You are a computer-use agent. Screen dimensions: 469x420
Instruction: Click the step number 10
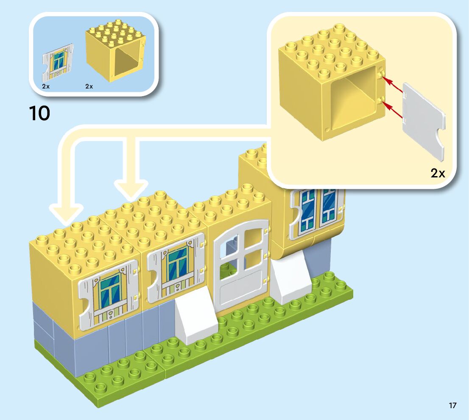click(x=39, y=113)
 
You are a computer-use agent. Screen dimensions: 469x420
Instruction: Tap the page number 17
click(x=452, y=406)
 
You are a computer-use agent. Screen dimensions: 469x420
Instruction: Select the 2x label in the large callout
click(x=438, y=173)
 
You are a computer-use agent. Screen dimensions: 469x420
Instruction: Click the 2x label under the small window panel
click(x=46, y=86)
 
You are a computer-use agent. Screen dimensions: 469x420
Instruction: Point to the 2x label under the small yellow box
click(x=89, y=86)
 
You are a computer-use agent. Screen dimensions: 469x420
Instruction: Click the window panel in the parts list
click(x=58, y=63)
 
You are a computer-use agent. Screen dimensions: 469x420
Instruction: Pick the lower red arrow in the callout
click(x=394, y=111)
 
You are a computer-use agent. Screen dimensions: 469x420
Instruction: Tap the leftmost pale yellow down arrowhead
click(x=66, y=214)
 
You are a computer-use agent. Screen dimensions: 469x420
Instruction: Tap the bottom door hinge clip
click(x=266, y=280)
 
